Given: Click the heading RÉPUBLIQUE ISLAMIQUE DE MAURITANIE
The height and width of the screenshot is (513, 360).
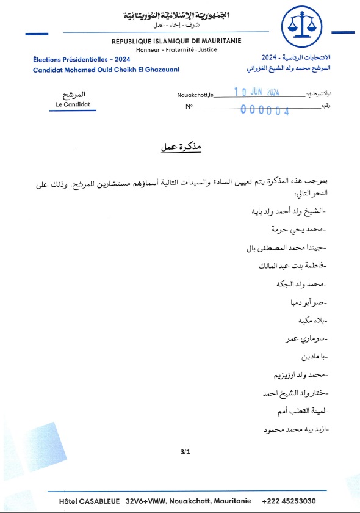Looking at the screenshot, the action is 176,41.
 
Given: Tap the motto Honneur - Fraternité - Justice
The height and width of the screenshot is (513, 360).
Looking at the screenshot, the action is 176,49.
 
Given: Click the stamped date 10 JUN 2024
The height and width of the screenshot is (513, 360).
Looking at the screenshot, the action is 256,93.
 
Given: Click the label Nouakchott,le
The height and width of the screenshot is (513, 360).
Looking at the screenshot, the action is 195,95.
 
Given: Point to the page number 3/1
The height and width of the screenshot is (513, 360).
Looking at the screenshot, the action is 185,452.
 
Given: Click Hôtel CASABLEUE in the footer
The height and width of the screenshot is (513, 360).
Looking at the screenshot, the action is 91,501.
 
